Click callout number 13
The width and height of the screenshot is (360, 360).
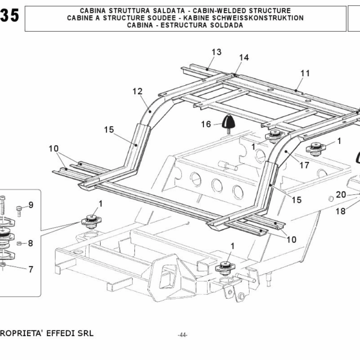(x=216, y=52)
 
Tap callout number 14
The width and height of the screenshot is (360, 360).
(x=243, y=58)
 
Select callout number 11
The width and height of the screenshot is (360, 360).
(x=305, y=73)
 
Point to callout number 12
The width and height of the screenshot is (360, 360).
(x=138, y=91)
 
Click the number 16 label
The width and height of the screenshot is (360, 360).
(x=206, y=124)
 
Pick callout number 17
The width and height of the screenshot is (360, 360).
(x=304, y=164)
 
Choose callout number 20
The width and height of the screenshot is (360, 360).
(x=341, y=194)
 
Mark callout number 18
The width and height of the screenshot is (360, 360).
(x=341, y=211)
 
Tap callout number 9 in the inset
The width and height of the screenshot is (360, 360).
(x=31, y=205)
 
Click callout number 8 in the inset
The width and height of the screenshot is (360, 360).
(x=31, y=243)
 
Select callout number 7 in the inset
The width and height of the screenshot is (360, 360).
(x=31, y=269)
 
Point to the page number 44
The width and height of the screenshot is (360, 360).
(x=183, y=335)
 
